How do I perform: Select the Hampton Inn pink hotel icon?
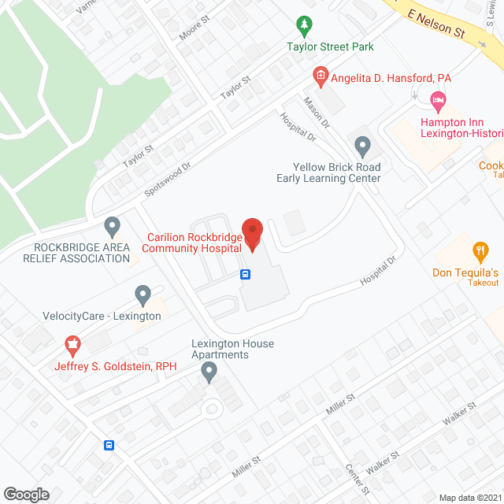pos(437,100)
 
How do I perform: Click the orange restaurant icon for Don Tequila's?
pos(480,252)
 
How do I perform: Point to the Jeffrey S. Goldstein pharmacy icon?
pos(72,346)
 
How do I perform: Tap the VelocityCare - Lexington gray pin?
pos(143,295)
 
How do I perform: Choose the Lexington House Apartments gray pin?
pos(209,373)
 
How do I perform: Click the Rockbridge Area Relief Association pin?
pos(112,227)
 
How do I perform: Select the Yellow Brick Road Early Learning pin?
pos(362,146)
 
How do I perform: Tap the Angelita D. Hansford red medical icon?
pos(321,76)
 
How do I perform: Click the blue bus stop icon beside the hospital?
pos(246,275)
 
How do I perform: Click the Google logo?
pos(26,494)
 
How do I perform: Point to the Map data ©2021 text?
pos(470,497)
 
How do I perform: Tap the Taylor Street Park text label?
pos(341,46)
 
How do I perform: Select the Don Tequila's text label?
pos(465,272)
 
